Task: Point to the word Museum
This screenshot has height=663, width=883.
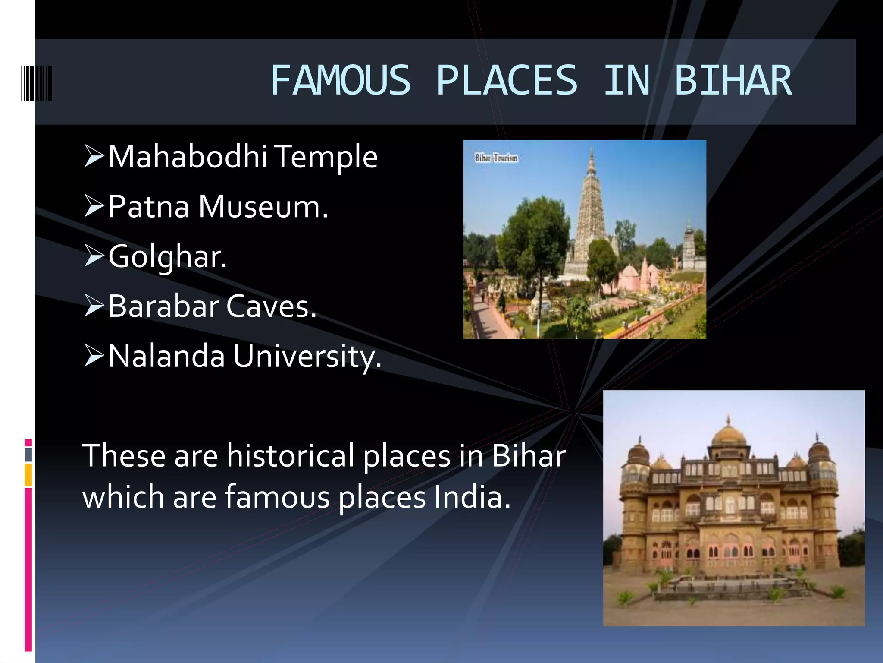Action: pos(263,207)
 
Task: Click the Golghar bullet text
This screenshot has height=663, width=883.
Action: pos(167,257)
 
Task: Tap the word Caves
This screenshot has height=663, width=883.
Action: pos(271,306)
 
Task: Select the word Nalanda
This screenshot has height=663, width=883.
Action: pos(166,357)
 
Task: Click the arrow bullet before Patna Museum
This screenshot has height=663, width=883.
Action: pos(94,206)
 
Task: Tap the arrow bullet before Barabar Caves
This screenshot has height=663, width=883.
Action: pos(94,306)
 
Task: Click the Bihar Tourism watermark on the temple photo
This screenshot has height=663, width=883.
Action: pos(496,158)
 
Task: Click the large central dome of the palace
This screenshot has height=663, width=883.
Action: pos(728,436)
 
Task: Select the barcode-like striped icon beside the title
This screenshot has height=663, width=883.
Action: pos(37,83)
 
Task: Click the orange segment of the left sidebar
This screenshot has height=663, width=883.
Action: pos(28,475)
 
